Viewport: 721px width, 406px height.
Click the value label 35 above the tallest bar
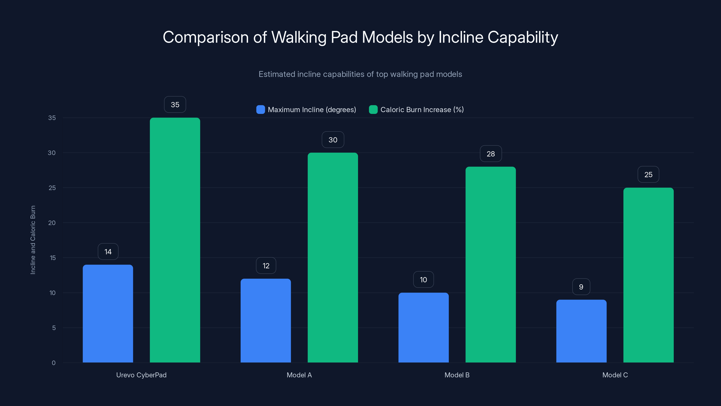(x=175, y=104)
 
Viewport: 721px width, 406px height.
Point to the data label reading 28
(x=491, y=154)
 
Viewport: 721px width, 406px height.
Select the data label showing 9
(x=581, y=287)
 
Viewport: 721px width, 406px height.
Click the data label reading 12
(x=266, y=266)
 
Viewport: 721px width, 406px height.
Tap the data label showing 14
(x=108, y=252)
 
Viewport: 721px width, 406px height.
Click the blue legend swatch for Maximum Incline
(x=260, y=110)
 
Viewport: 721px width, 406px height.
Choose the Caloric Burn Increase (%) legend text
(x=422, y=110)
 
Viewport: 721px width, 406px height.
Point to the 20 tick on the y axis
(x=52, y=223)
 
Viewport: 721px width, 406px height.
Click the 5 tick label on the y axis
(x=54, y=328)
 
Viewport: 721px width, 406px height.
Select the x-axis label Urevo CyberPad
(x=141, y=375)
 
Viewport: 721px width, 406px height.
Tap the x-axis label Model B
(x=457, y=375)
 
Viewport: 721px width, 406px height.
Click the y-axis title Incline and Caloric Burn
(x=33, y=240)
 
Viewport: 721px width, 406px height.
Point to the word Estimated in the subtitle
(x=276, y=74)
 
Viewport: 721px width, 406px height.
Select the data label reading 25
(x=648, y=175)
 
